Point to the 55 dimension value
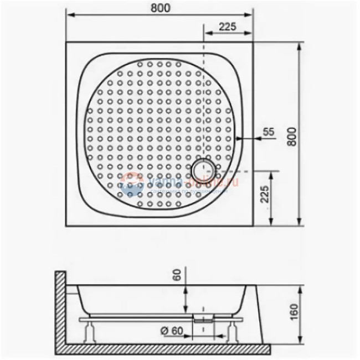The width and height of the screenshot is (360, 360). click(x=268, y=131)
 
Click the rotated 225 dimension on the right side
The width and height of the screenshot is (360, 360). click(x=264, y=196)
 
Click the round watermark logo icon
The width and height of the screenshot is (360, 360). click(x=132, y=184)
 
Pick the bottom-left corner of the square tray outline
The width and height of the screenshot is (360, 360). click(x=66, y=226)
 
